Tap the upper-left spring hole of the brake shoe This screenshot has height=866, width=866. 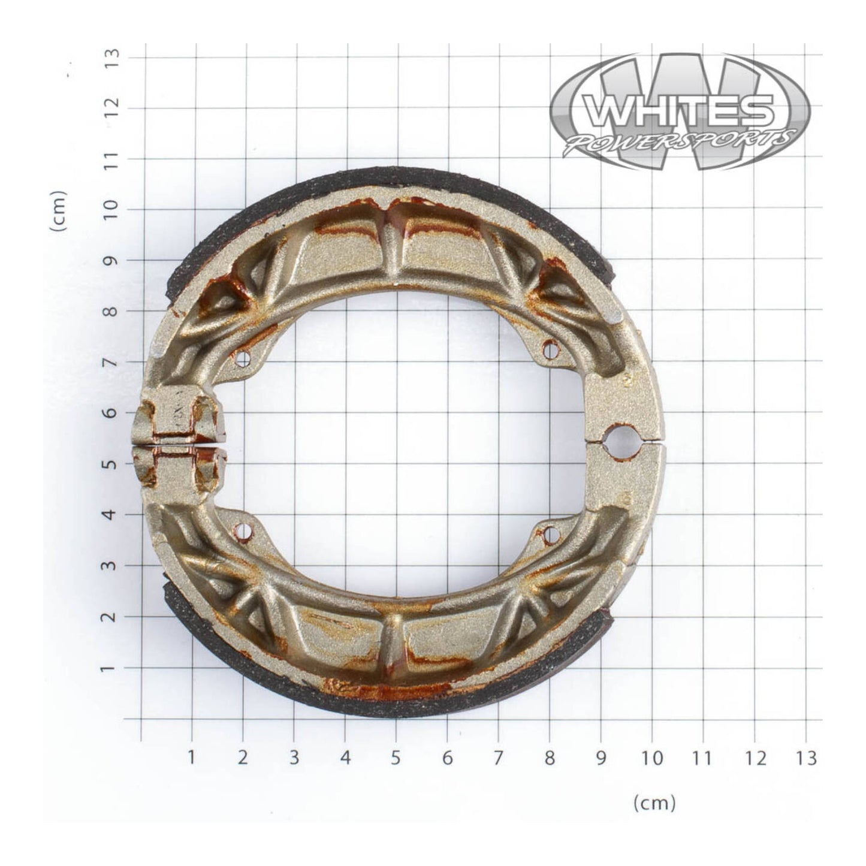pos(243,358)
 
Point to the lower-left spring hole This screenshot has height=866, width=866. pos(243,530)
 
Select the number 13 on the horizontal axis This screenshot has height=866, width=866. pos(807,759)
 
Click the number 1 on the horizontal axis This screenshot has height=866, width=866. pos(192,759)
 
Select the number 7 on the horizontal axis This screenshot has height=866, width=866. pos(499,759)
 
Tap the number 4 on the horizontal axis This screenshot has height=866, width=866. pos(345,759)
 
